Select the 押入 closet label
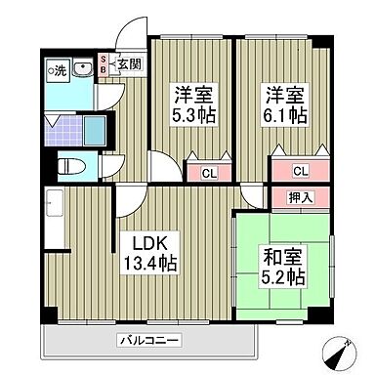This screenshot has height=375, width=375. [301, 198]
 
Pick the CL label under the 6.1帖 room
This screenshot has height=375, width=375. [301, 172]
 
